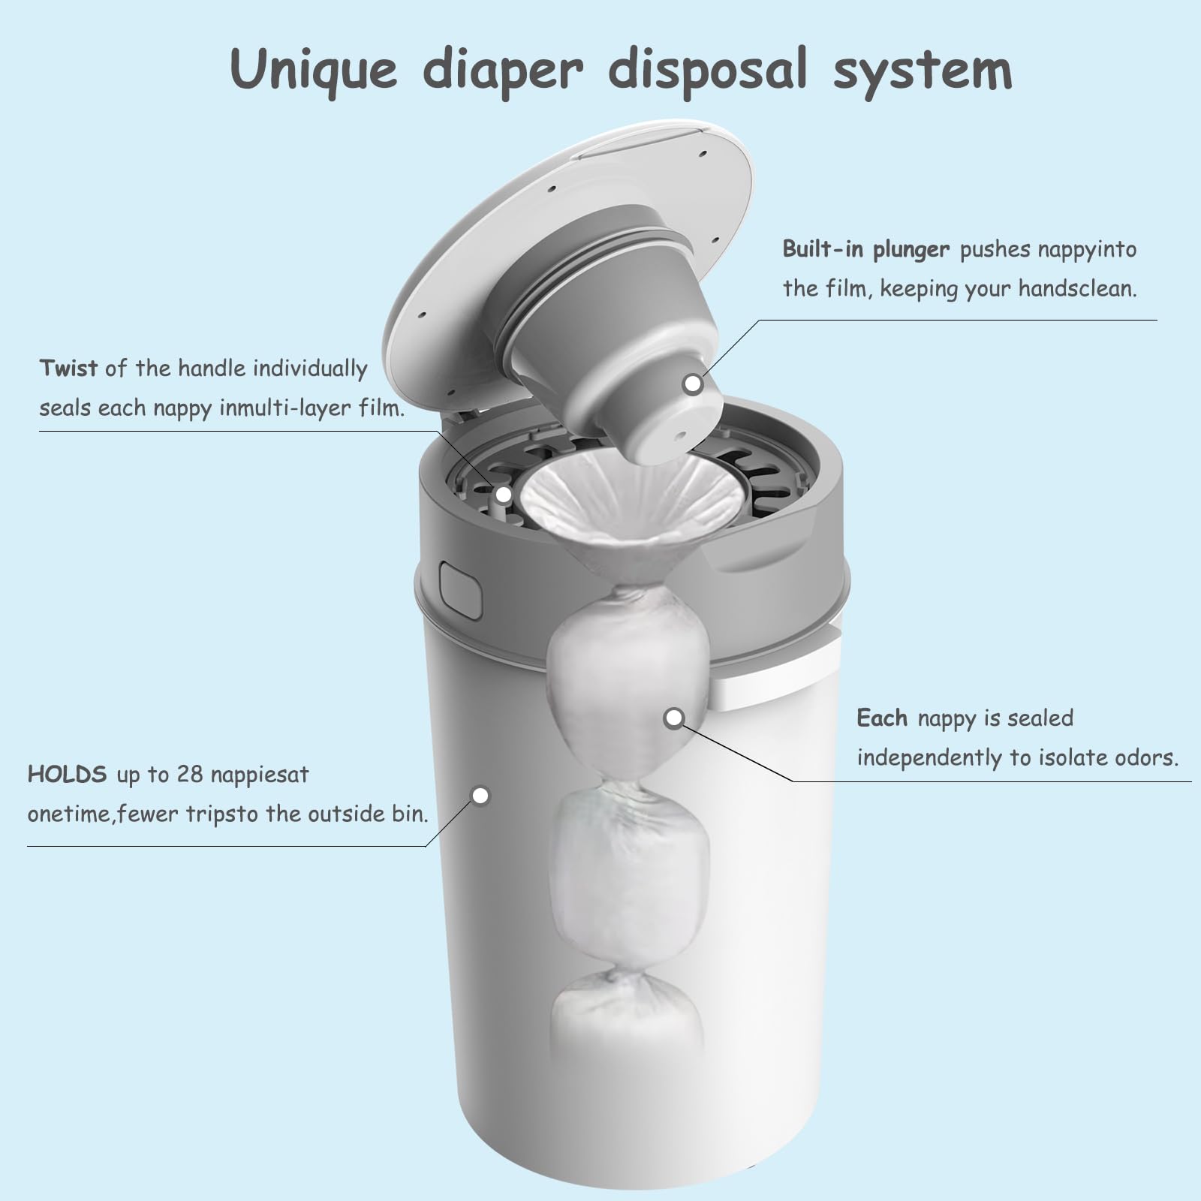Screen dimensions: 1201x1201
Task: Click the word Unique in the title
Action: (x=313, y=70)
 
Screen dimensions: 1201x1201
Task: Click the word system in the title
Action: (x=923, y=70)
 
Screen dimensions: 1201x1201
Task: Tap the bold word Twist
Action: (x=68, y=368)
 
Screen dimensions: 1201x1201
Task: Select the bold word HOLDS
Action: (x=67, y=774)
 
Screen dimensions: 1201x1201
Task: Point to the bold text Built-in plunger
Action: (x=866, y=248)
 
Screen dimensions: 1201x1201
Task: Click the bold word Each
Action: (x=882, y=718)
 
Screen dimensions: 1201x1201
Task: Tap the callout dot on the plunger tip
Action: (x=693, y=384)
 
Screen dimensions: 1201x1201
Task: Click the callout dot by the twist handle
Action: (x=504, y=495)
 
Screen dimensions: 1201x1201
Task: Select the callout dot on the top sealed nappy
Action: (x=674, y=718)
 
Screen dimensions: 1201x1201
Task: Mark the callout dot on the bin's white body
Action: (x=480, y=795)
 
